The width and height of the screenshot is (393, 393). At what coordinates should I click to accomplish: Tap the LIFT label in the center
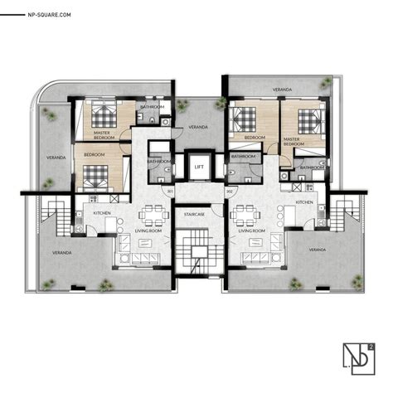[199, 167]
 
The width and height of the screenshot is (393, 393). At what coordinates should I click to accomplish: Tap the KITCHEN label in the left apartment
[103, 213]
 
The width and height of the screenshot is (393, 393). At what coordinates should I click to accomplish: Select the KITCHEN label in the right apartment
[304, 201]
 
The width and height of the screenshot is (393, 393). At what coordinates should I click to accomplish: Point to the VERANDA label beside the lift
[197, 127]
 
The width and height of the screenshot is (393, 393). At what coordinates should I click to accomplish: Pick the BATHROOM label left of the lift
[160, 161]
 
